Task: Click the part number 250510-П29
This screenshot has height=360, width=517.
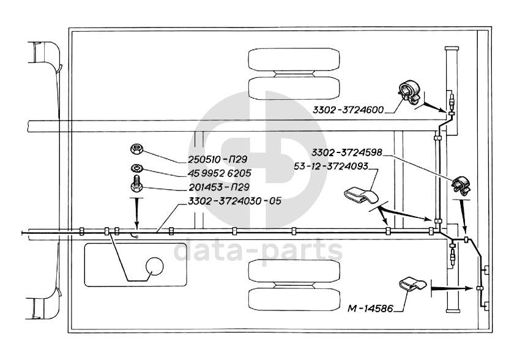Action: (x=214, y=160)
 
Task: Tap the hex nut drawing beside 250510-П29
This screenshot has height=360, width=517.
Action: (x=137, y=150)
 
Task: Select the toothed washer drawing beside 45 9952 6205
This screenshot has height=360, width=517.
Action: (x=137, y=168)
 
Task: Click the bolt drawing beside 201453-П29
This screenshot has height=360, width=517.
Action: (x=137, y=184)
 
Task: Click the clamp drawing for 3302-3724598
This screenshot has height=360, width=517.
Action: (x=461, y=183)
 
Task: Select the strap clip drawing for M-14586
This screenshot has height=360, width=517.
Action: (x=413, y=285)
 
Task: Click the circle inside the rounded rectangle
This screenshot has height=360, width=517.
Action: (x=154, y=266)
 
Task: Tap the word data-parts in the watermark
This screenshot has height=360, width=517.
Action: (x=258, y=250)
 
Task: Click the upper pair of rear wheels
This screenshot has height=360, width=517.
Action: (x=294, y=73)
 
